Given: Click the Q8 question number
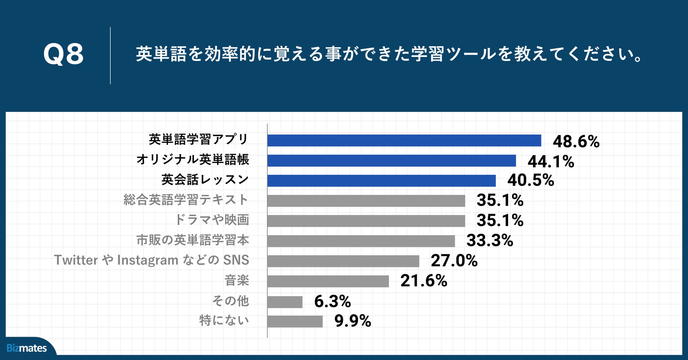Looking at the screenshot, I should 64,55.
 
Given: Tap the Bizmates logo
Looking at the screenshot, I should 27,348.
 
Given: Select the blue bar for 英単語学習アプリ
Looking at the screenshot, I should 404,140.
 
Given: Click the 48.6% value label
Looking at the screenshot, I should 576,141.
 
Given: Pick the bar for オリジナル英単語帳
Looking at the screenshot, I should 391,160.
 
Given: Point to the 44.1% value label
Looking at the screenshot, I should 551,161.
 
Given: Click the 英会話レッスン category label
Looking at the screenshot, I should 205,180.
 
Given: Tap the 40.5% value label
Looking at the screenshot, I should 531,180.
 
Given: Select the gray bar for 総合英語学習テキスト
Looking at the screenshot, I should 366,201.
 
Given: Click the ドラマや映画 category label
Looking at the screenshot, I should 212,220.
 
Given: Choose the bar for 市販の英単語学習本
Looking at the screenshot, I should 361,241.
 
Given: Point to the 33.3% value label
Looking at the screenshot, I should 490,241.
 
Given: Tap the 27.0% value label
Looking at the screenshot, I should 454,261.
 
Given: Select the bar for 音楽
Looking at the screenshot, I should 328,281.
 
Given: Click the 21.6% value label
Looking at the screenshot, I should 424,281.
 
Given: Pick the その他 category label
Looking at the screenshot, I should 230,301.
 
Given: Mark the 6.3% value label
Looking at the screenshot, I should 332,301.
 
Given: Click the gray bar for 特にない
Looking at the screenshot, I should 295,321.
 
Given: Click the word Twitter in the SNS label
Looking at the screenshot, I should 76,260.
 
